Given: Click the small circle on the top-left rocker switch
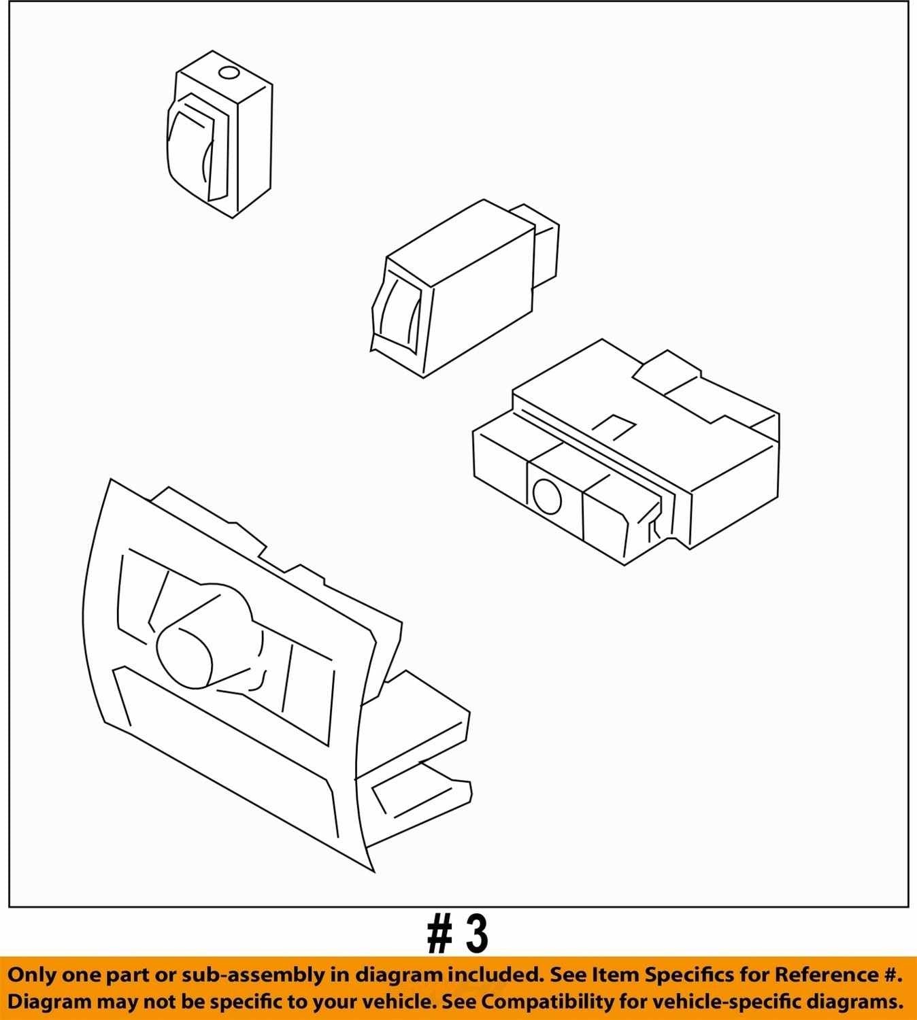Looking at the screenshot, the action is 229,73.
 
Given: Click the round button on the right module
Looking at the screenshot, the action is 547,496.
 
